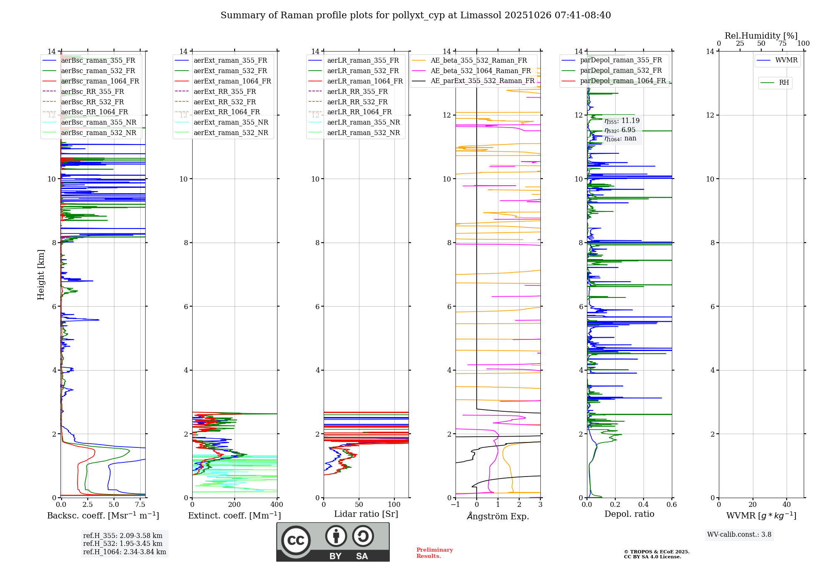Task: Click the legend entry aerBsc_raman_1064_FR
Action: (x=100, y=81)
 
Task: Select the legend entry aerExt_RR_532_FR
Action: (x=225, y=102)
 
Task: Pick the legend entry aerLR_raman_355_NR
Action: (x=363, y=122)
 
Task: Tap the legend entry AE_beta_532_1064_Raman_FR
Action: (x=480, y=71)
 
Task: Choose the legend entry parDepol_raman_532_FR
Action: (x=621, y=71)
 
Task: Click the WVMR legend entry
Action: (x=786, y=60)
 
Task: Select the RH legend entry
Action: (x=784, y=83)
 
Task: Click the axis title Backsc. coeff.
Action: (x=103, y=516)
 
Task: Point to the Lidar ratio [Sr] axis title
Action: (x=366, y=514)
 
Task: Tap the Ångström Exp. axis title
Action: (x=498, y=516)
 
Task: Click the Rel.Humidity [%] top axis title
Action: (x=761, y=36)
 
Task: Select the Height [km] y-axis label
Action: (x=41, y=275)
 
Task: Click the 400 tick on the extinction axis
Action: (x=277, y=505)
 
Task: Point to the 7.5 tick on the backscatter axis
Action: (x=140, y=505)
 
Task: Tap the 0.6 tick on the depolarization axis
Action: (x=671, y=505)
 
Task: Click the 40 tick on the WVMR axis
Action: (x=786, y=505)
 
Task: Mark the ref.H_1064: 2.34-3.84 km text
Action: (x=124, y=552)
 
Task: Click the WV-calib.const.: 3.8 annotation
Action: (x=739, y=535)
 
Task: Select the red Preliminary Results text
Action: (x=434, y=553)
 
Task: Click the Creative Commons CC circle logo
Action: (x=296, y=540)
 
